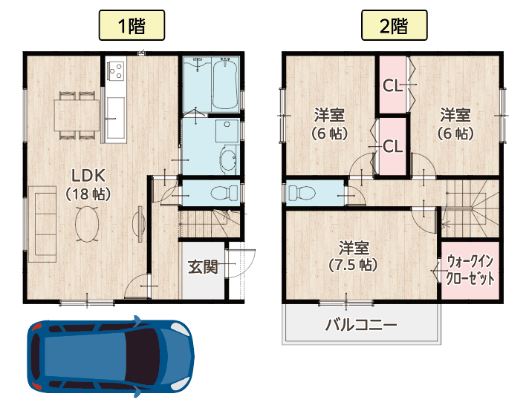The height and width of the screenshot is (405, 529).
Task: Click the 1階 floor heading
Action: coord(131,26)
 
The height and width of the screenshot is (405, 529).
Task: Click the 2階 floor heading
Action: coord(394,26)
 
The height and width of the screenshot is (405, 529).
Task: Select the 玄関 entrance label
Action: coord(202,266)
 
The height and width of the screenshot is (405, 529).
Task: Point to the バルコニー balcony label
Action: coord(361,325)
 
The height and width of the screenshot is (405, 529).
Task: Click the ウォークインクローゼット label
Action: coord(470,270)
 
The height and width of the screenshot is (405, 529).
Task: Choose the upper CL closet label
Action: coord(392,85)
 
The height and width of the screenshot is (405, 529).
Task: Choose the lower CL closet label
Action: coord(392,146)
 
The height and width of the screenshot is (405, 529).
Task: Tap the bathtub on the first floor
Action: coord(224,85)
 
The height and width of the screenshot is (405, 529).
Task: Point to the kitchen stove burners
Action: coord(116,70)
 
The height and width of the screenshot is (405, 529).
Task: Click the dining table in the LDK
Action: coord(77,114)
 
